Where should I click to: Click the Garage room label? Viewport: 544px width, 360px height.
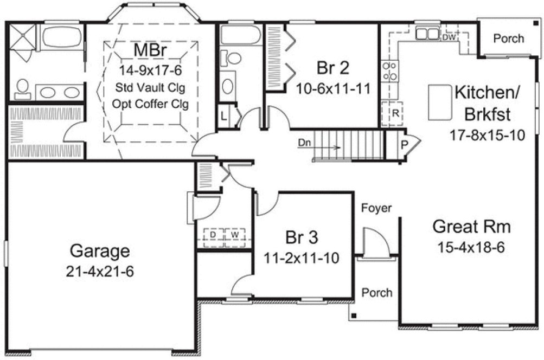pos(100,251)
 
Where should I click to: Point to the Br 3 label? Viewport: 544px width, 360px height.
pos(301,237)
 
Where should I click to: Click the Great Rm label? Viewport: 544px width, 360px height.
pos(471,226)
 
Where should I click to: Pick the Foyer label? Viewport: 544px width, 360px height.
pos(376,208)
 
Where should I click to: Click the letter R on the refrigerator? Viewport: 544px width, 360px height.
pos(395,114)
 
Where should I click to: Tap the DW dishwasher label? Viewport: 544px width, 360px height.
pos(449,37)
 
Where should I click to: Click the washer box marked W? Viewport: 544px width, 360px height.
pos(235,235)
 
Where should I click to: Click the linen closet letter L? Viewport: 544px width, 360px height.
pos(224,115)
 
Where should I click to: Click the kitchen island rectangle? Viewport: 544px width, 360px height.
pos(440,102)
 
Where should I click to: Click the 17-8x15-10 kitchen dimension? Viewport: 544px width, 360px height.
pos(488,135)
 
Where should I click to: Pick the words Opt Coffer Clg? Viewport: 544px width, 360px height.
pos(151,104)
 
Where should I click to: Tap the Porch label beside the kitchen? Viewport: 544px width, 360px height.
pos(509,38)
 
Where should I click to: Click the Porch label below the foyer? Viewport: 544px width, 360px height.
pos(377,293)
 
